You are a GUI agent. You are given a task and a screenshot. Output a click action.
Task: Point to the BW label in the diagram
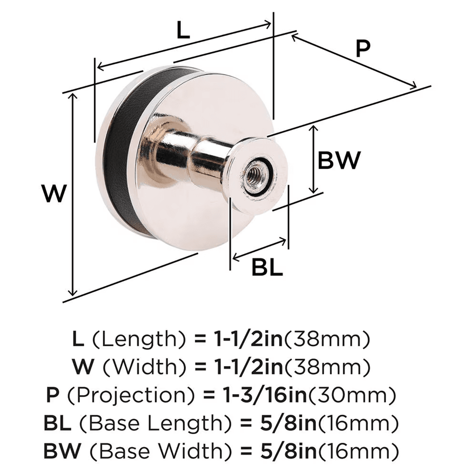pyautogui.click(x=339, y=161)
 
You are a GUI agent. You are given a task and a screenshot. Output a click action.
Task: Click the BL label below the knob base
pyautogui.click(x=267, y=268)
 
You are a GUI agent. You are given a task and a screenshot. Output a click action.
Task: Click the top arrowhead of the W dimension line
pyautogui.click(x=72, y=96)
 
